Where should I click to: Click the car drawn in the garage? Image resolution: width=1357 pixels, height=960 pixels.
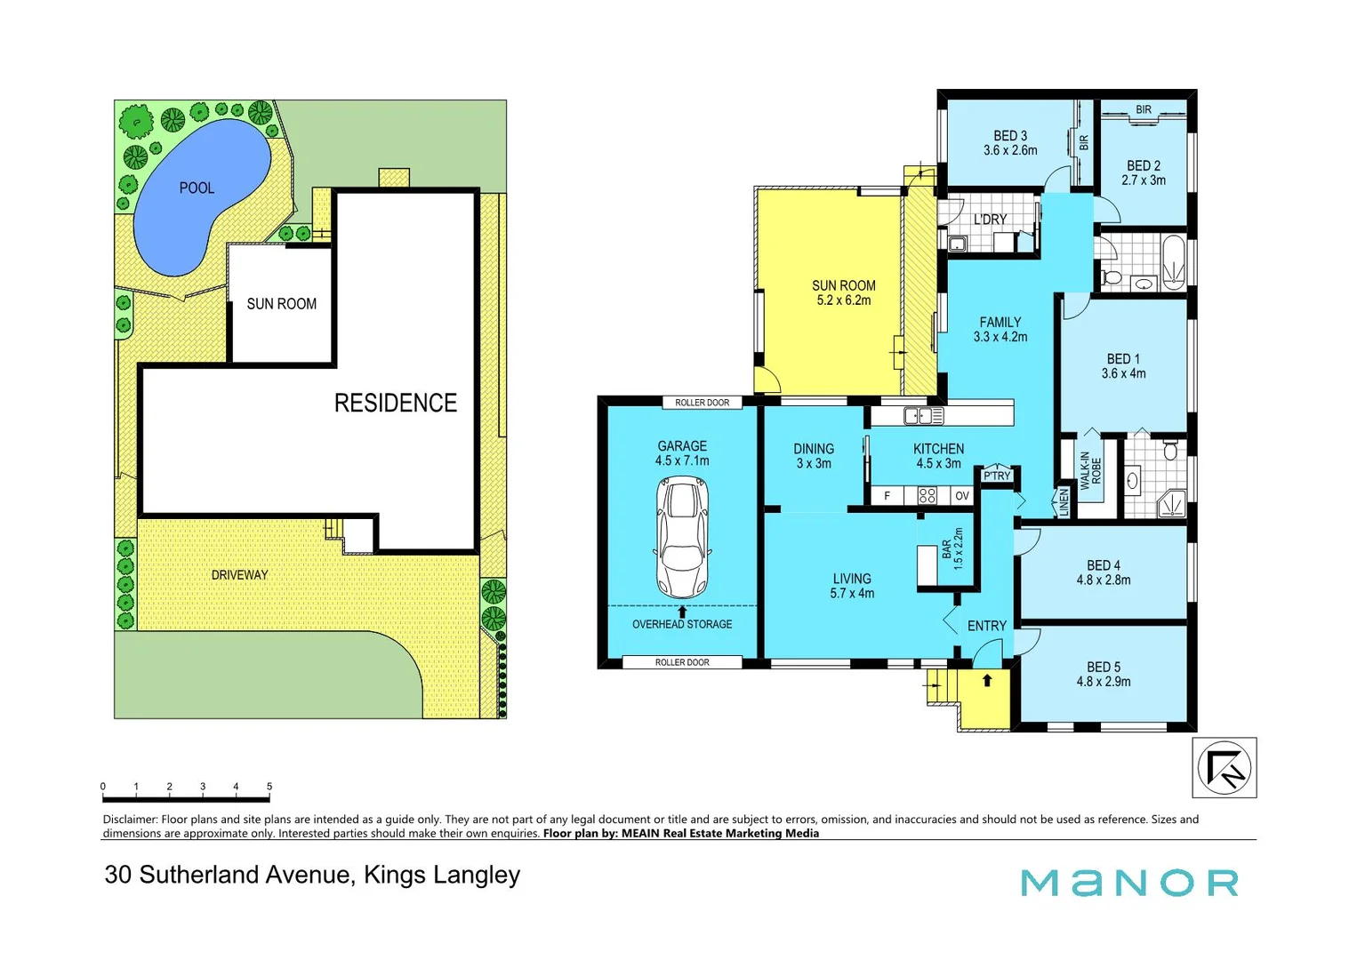point(682,537)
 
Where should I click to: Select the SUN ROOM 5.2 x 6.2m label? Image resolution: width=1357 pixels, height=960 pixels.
point(843,292)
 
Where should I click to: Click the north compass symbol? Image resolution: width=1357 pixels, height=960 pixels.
point(1224,767)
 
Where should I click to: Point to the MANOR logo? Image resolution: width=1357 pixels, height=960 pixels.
point(1129,883)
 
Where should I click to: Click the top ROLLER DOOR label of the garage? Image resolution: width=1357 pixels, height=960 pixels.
point(702,403)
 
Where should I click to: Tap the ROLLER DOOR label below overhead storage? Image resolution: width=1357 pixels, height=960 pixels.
point(682,662)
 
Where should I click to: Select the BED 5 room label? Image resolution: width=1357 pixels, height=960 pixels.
point(1103,674)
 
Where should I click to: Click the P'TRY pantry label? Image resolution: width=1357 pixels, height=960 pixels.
point(997,476)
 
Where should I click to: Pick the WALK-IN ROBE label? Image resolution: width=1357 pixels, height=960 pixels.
point(1090,472)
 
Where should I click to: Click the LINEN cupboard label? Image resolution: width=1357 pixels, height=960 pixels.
point(1064,502)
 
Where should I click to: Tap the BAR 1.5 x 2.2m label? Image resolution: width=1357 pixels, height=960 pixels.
point(952,548)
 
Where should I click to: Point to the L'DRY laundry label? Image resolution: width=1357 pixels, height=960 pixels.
point(990,220)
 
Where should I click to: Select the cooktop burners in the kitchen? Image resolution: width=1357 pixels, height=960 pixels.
point(927,496)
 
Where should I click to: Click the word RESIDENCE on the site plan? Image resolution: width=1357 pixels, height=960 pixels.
point(395,403)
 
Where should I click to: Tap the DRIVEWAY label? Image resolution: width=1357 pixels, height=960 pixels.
point(239,575)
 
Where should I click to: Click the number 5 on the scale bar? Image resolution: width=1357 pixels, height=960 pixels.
point(269,787)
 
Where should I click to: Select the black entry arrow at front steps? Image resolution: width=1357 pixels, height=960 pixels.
point(986,681)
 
